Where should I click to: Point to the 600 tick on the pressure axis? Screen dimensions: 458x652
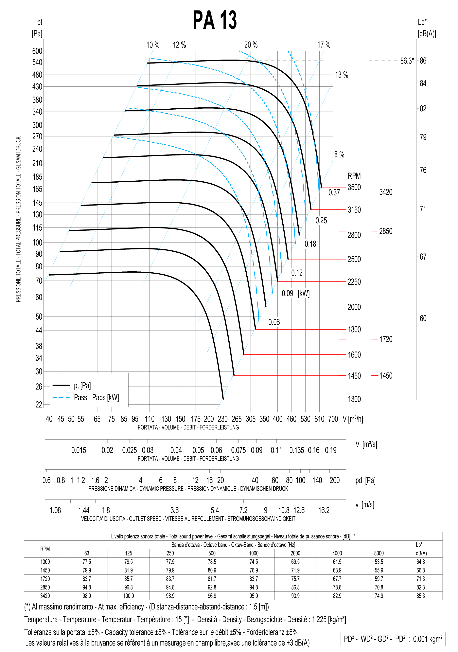point(37,51)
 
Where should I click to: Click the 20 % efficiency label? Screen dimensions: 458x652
point(251,45)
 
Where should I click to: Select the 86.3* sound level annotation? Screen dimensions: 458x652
point(407,61)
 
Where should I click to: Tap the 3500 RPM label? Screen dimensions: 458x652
point(354,187)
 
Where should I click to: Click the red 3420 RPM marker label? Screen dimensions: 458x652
point(386,192)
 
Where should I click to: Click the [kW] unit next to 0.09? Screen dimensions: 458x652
point(304,293)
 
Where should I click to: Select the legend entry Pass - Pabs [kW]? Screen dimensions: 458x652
point(97,397)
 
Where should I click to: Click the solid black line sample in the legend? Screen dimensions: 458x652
point(61,385)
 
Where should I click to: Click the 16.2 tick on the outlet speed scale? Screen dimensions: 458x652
point(324,510)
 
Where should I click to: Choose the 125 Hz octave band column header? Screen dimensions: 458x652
point(129,553)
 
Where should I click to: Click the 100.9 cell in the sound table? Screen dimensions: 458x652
point(129,596)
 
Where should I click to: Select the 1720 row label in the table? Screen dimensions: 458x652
point(45,579)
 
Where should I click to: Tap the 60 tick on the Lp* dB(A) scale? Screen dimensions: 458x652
point(423,318)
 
